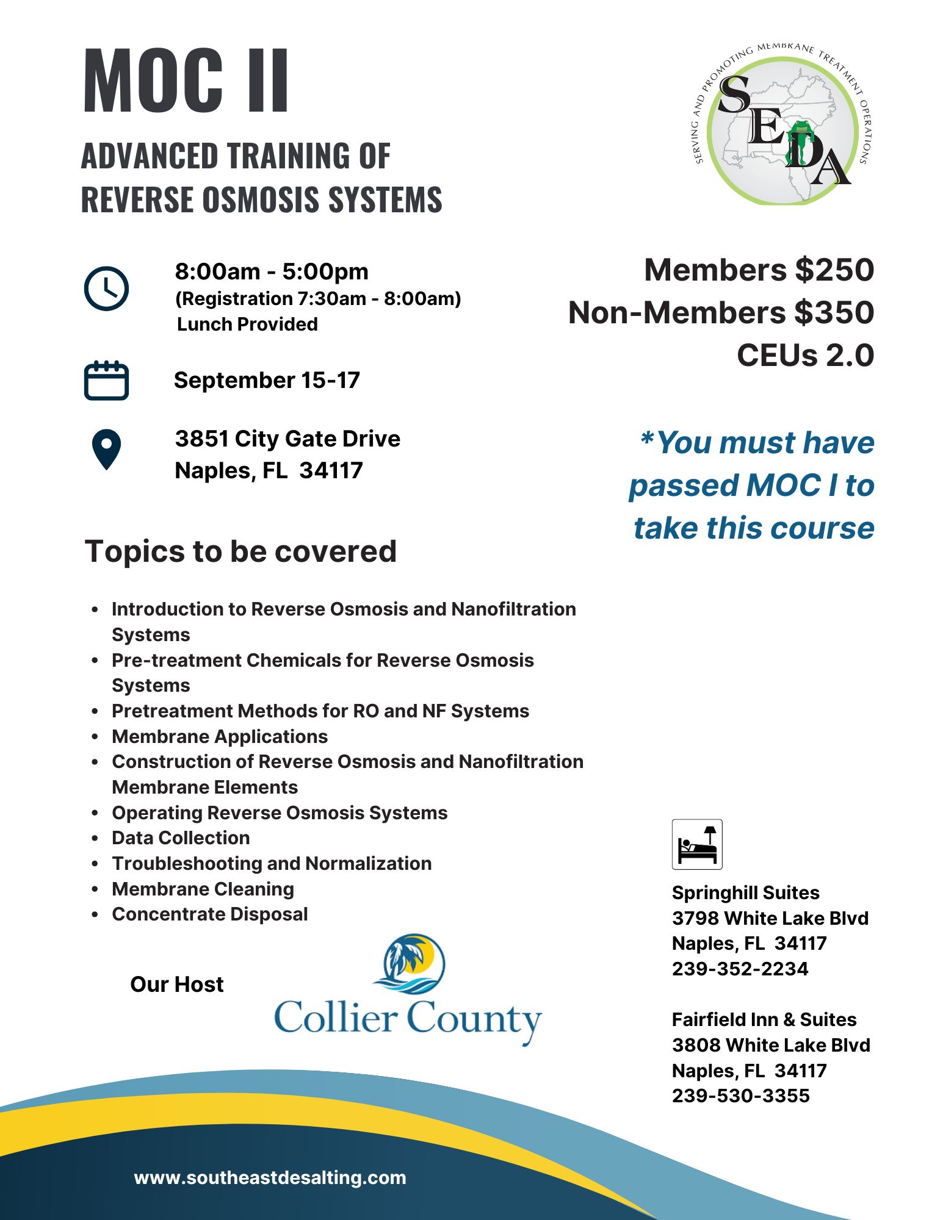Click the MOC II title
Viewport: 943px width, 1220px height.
[x=186, y=82]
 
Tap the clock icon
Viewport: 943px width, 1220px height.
[x=106, y=289]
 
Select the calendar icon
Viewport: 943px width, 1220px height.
[x=106, y=381]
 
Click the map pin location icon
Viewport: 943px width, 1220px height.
[x=106, y=450]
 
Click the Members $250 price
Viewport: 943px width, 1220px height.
[x=759, y=270]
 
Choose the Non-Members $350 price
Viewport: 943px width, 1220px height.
[x=721, y=313]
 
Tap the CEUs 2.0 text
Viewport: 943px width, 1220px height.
[x=805, y=356]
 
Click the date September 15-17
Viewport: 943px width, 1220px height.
[x=267, y=381]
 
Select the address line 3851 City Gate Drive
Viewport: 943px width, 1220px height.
[x=287, y=439]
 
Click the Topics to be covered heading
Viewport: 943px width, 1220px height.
[x=240, y=551]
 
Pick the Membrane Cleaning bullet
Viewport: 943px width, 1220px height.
[x=203, y=889]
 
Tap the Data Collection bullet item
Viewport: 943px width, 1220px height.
[x=181, y=838]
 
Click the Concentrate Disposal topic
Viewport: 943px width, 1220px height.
[x=209, y=914]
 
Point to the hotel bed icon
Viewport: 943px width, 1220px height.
[x=697, y=844]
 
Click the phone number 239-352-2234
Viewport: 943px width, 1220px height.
[x=740, y=969]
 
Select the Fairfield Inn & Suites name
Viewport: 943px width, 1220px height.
[x=764, y=1019]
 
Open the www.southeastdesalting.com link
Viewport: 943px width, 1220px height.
[x=270, y=1178]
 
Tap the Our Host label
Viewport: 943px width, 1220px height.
[x=177, y=985]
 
